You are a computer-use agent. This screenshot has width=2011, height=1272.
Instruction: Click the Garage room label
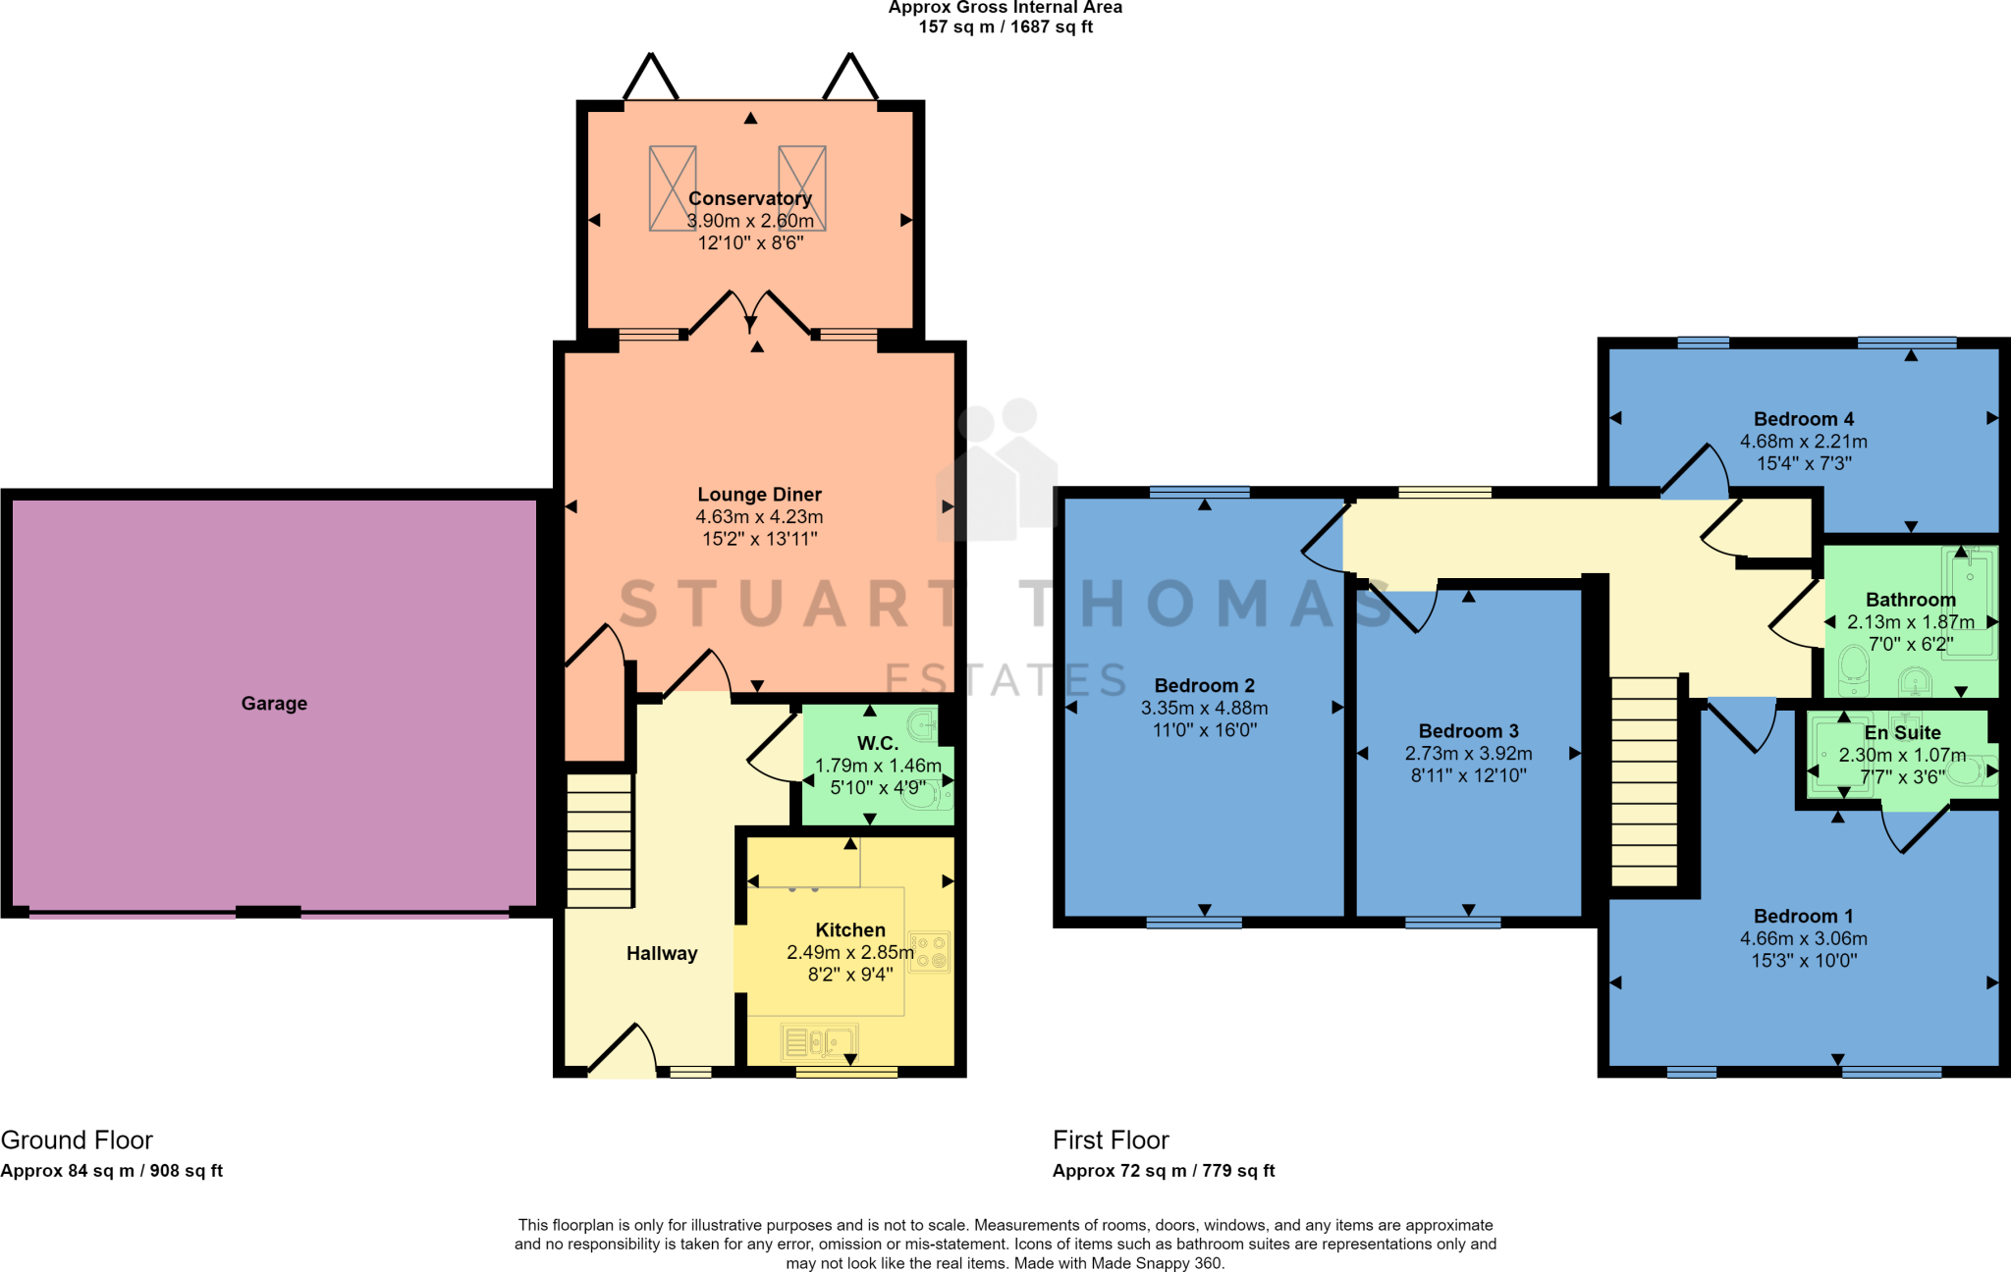pyautogui.click(x=274, y=704)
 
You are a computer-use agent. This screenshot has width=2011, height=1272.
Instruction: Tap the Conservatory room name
pyautogui.click(x=750, y=199)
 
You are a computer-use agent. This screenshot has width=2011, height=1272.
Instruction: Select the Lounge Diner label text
pyautogui.click(x=759, y=495)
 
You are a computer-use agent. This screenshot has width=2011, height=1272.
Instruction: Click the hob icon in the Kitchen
pyautogui.click(x=929, y=951)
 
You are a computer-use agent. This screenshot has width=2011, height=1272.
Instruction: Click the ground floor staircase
pyautogui.click(x=599, y=841)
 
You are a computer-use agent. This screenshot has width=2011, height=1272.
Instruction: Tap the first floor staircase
pyautogui.click(x=1645, y=782)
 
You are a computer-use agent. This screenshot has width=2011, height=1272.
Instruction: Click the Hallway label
pyautogui.click(x=662, y=954)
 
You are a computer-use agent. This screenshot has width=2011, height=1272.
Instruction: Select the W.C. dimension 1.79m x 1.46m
pyautogui.click(x=878, y=766)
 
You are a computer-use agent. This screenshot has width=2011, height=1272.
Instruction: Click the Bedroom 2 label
pyautogui.click(x=1205, y=686)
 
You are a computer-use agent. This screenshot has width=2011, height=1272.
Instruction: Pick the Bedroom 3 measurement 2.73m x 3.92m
pyautogui.click(x=1468, y=754)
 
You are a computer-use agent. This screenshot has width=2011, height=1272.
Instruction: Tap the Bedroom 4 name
pyautogui.click(x=1804, y=419)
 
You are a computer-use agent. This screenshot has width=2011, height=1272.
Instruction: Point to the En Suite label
pyautogui.click(x=1902, y=733)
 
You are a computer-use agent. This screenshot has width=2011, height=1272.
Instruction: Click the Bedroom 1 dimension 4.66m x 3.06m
pyautogui.click(x=1804, y=939)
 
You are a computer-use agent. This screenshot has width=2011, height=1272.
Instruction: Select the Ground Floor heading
pyautogui.click(x=77, y=1140)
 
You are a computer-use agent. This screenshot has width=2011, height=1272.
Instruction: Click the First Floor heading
pyautogui.click(x=1111, y=1140)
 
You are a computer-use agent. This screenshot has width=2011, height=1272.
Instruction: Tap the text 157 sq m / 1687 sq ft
pyautogui.click(x=1005, y=26)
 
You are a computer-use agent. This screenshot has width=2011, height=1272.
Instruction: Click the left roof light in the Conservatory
pyautogui.click(x=673, y=188)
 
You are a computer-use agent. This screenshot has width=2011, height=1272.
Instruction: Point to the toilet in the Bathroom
pyautogui.click(x=1853, y=663)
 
